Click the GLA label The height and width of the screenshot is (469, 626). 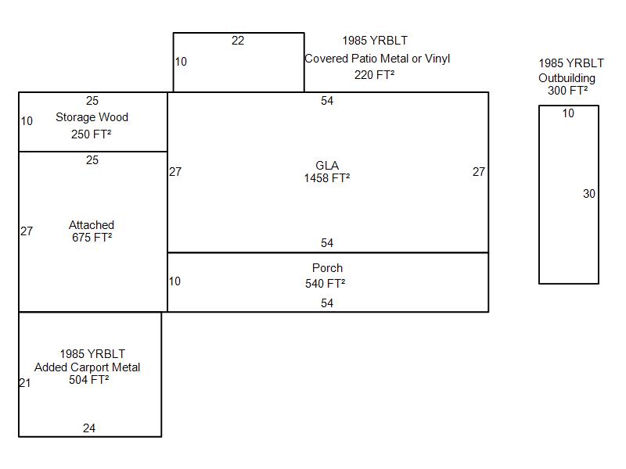(x=327, y=166)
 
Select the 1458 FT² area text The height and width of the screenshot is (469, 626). (x=327, y=178)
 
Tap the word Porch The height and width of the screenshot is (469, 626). (x=327, y=268)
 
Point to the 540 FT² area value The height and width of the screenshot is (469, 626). (x=326, y=284)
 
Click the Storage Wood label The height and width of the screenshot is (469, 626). (x=92, y=117)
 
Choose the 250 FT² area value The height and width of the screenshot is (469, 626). (x=92, y=134)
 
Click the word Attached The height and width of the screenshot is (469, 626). (x=92, y=225)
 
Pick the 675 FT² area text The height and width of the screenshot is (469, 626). (x=92, y=238)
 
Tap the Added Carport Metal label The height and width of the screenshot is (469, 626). (x=88, y=367)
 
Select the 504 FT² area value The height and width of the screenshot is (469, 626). (x=88, y=380)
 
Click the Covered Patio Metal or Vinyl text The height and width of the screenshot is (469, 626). (x=377, y=59)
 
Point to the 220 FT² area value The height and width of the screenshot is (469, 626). (x=374, y=75)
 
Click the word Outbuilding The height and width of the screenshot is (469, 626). (x=567, y=78)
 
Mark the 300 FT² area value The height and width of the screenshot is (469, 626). (x=568, y=91)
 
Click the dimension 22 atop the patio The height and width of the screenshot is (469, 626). (x=238, y=41)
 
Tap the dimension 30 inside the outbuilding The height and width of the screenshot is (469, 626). (x=589, y=194)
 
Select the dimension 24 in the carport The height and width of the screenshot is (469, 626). (x=89, y=428)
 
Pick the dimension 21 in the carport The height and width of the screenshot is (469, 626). (x=25, y=383)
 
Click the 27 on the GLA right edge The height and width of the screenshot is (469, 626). (x=479, y=172)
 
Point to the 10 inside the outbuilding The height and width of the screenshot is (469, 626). (x=568, y=113)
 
